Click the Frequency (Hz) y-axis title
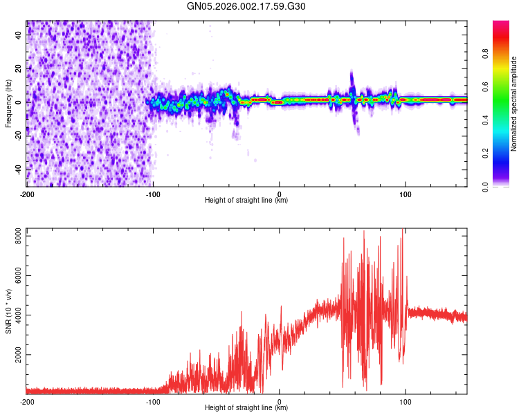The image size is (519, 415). pyautogui.click(x=8, y=104)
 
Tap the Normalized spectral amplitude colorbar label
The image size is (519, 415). pyautogui.click(x=514, y=104)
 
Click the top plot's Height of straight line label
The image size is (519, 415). pyautogui.click(x=246, y=201)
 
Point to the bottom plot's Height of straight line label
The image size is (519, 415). pyautogui.click(x=246, y=408)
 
